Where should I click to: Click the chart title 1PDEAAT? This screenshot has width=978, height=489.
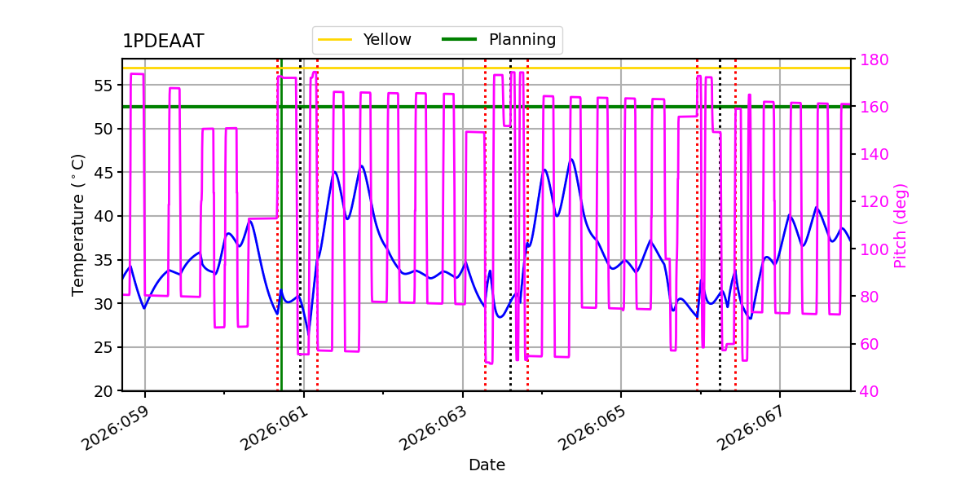[x=163, y=42]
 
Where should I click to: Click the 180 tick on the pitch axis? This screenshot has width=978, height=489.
[x=870, y=59]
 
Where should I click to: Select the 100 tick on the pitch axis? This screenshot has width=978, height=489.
[x=870, y=249]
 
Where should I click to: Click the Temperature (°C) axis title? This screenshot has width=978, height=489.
[x=78, y=224]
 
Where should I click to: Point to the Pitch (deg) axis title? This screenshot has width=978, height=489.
[x=901, y=225]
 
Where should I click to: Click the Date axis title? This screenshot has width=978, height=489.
[x=487, y=465]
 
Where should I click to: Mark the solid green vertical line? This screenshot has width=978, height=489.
[x=281, y=244]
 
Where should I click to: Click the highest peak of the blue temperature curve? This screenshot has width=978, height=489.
[x=571, y=159]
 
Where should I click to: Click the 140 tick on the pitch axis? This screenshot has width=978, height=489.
[x=870, y=154]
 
